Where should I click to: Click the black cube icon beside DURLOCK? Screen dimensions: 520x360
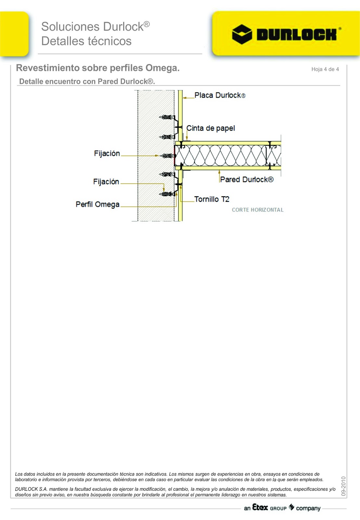click(242, 34)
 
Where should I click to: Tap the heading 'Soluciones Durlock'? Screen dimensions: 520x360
click(95, 27)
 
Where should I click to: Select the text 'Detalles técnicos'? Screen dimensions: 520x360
click(86, 41)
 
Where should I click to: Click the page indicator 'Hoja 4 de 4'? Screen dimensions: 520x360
click(325, 69)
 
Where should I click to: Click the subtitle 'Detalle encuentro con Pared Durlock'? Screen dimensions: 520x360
click(87, 82)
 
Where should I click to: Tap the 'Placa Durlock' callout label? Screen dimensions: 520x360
click(220, 95)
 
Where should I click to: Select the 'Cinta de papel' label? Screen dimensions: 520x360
click(211, 128)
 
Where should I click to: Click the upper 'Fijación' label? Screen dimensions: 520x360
click(107, 153)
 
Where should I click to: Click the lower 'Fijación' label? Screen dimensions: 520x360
click(106, 182)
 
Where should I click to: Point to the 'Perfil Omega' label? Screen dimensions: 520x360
click(97, 204)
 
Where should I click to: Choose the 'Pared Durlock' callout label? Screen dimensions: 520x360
click(247, 179)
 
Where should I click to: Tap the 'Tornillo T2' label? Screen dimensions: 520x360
click(212, 199)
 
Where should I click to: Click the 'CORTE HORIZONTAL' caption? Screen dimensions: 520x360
click(258, 210)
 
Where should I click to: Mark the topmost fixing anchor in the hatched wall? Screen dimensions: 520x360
click(167, 117)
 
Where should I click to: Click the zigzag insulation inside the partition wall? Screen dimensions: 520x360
click(221, 155)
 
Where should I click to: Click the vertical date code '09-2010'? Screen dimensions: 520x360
click(343, 486)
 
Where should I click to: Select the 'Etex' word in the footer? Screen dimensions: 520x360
click(260, 507)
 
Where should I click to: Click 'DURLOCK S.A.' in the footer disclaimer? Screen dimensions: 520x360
click(31, 489)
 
